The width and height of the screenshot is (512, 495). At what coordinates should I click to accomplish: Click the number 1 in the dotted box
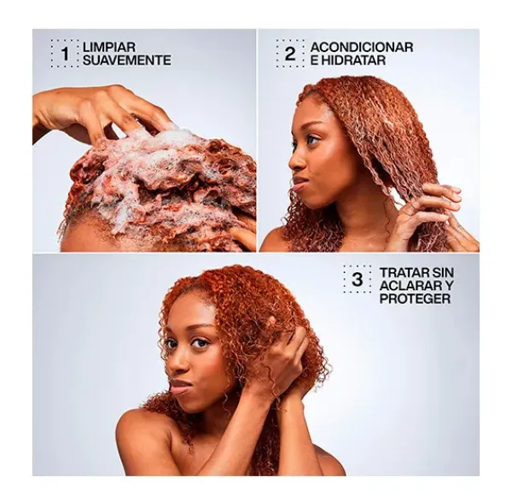pos(66,54)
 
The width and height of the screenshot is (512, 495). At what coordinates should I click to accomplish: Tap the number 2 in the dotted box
pos(290,54)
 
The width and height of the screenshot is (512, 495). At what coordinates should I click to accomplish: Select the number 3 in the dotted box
pos(358,279)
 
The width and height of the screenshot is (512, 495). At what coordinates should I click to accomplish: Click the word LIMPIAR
pos(109,47)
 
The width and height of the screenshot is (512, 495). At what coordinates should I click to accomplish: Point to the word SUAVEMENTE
pos(126,60)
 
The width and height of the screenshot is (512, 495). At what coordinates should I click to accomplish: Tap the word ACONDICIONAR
pos(362,47)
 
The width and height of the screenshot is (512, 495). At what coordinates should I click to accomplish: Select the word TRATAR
pos(404,272)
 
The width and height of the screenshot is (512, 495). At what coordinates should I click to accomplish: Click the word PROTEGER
pos(415,299)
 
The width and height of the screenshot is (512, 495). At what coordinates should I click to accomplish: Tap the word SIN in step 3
pos(442,272)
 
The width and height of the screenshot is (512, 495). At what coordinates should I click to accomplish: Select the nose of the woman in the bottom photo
pos(178,362)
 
